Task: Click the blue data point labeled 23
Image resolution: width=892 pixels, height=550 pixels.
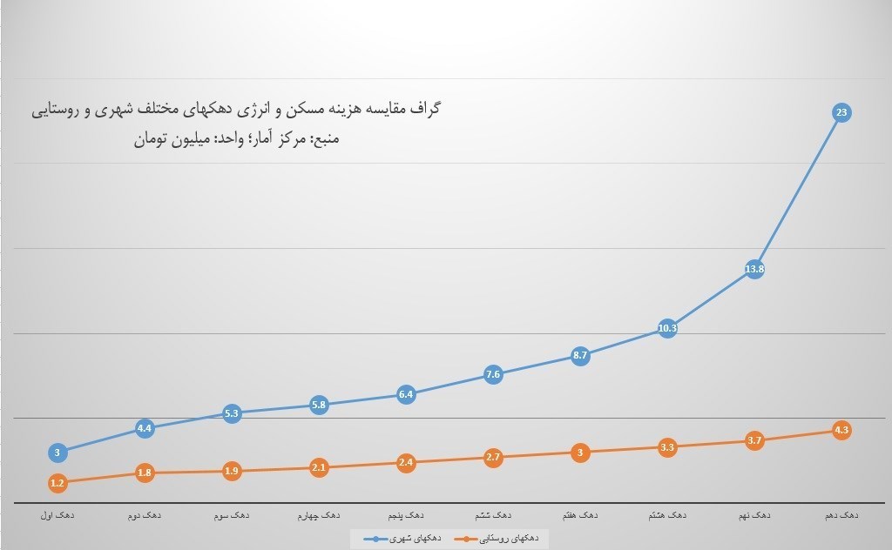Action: pyautogui.click(x=841, y=112)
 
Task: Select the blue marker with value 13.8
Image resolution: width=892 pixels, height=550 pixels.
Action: pyautogui.click(x=754, y=269)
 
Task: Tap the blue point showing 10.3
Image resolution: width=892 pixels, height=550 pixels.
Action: pyautogui.click(x=667, y=329)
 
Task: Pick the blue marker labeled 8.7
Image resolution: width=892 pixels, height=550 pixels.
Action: pyautogui.click(x=580, y=355)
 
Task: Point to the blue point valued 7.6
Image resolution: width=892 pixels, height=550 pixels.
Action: pyautogui.click(x=493, y=375)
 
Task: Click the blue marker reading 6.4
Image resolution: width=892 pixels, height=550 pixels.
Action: pyautogui.click(x=406, y=394)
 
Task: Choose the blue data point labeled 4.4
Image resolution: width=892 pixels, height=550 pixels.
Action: pyautogui.click(x=145, y=428)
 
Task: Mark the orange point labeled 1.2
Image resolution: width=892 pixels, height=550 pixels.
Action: pyautogui.click(x=57, y=483)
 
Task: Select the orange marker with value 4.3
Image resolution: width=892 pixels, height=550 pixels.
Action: pyautogui.click(x=841, y=430)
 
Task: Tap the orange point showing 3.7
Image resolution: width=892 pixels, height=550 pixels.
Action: pyautogui.click(x=754, y=440)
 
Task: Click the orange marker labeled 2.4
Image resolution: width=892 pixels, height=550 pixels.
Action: pyautogui.click(x=406, y=463)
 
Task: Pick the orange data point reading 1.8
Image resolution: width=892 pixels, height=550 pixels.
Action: pyautogui.click(x=145, y=473)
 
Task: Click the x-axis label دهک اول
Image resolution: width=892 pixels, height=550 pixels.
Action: pyautogui.click(x=57, y=515)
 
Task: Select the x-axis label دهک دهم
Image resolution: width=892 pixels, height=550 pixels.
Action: pyautogui.click(x=841, y=515)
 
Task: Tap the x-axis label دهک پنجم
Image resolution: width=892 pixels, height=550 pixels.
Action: pyautogui.click(x=406, y=515)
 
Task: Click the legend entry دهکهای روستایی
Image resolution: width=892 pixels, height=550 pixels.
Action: pyautogui.click(x=500, y=540)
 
